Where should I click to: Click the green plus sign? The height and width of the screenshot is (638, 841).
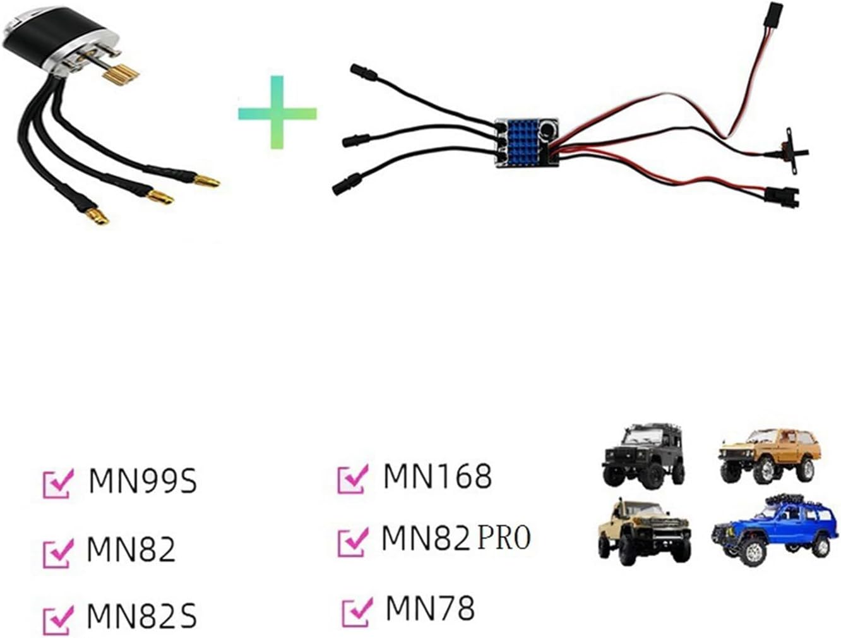click(x=277, y=112)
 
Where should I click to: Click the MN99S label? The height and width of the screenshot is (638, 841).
click(x=143, y=481)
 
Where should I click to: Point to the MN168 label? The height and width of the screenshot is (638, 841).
click(x=437, y=476)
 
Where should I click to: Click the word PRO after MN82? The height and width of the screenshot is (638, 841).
click(x=504, y=538)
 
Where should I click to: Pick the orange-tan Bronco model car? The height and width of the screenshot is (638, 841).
click(x=769, y=454)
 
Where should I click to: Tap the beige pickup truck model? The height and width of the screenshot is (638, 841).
click(x=643, y=531)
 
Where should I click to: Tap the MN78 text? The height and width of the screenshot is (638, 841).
click(x=429, y=609)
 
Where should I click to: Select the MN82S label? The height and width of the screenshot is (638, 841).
click(x=141, y=616)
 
